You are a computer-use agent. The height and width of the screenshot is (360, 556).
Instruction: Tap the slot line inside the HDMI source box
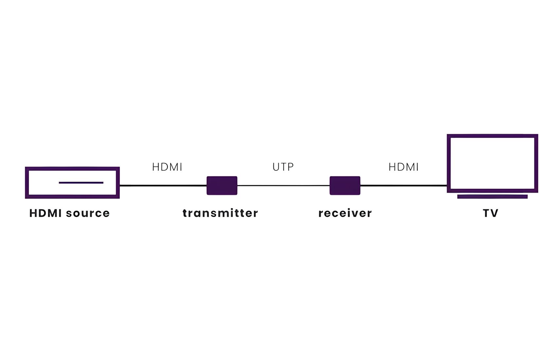(81, 183)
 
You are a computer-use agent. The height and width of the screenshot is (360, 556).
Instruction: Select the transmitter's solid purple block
(222, 186)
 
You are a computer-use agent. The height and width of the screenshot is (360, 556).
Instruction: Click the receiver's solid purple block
(345, 186)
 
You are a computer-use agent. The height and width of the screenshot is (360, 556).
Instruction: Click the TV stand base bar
(493, 197)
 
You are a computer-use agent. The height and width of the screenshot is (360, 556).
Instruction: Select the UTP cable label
(283, 167)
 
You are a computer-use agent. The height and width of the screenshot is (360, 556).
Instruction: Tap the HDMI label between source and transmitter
(167, 167)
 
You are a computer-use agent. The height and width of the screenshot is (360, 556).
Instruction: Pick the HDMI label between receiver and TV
(404, 167)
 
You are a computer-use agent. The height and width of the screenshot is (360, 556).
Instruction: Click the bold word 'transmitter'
(220, 213)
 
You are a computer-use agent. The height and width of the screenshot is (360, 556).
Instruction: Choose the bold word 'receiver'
(345, 213)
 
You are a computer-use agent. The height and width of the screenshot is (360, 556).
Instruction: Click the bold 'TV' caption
(491, 213)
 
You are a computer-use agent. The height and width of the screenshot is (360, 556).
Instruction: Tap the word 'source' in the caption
(88, 213)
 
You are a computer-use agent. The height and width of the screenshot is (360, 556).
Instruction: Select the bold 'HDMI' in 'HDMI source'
(45, 213)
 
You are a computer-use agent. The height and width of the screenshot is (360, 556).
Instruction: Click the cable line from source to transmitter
(163, 186)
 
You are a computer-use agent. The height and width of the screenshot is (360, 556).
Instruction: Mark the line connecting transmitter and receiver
(284, 186)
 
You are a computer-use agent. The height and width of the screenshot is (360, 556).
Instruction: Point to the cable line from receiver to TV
(404, 186)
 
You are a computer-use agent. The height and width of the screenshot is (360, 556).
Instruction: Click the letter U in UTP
(276, 167)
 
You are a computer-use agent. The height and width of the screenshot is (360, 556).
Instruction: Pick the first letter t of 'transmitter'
(185, 213)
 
